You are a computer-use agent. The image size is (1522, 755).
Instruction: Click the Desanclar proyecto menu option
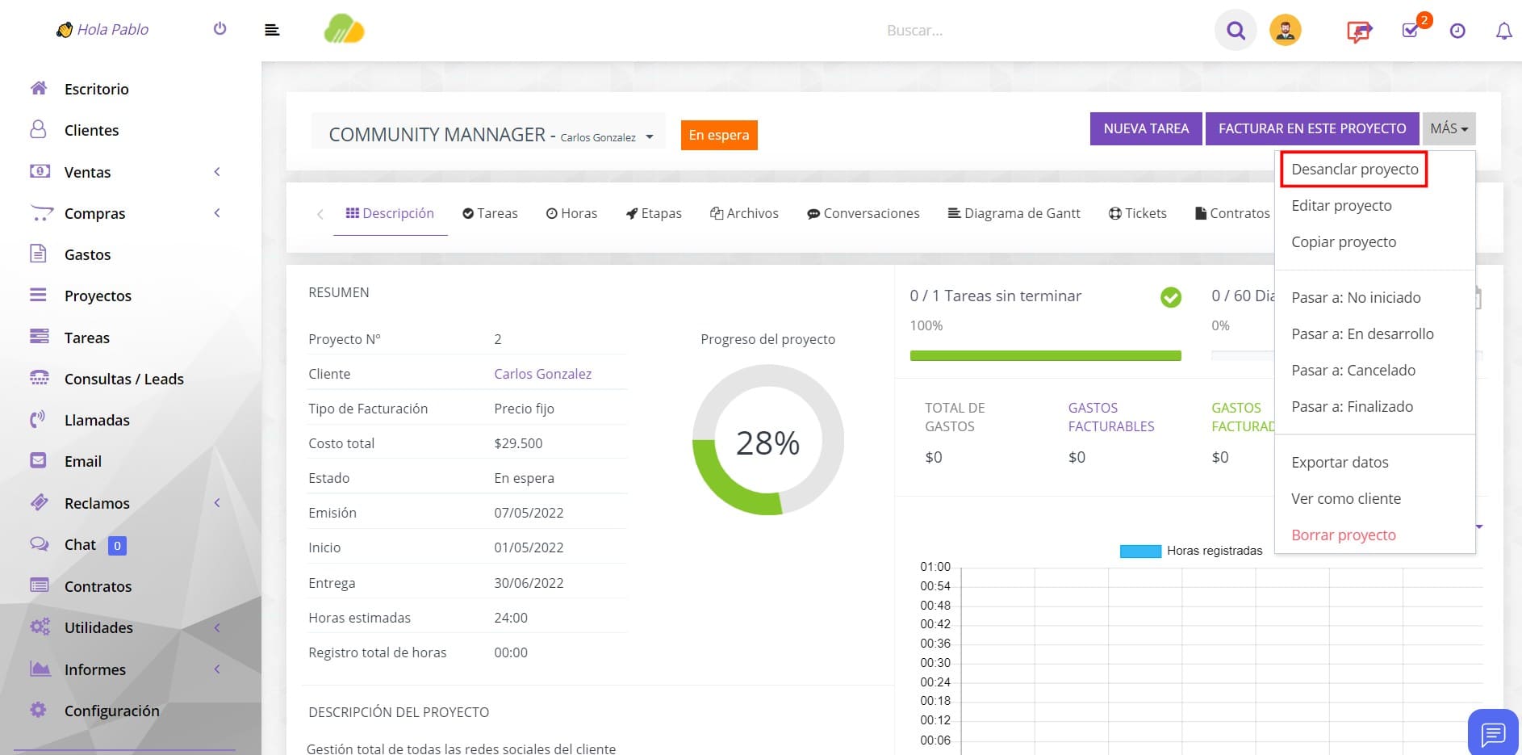1354,170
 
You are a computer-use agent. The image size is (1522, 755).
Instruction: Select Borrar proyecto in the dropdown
1344,535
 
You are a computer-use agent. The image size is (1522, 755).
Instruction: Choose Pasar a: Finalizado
1353,407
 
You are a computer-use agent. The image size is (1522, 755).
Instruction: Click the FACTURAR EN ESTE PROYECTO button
1312,128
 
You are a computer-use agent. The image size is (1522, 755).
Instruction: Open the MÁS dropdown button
1449,128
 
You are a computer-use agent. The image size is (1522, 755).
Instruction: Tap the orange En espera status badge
719,135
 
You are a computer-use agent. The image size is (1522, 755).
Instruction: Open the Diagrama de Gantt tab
1014,213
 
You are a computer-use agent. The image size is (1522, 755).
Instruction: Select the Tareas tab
490,213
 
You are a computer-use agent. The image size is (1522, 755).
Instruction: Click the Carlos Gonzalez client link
543,374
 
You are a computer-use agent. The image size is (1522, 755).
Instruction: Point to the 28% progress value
767,443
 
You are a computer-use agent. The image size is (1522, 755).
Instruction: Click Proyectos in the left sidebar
98,296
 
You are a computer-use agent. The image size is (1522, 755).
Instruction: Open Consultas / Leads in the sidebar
124,380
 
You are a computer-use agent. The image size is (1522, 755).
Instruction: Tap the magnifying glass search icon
1236,31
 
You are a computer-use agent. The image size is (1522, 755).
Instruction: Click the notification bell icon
1503,31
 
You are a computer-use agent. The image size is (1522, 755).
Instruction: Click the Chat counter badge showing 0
117,546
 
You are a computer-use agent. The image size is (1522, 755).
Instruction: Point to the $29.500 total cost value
518,443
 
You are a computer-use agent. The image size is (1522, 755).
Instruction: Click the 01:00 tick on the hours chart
935,567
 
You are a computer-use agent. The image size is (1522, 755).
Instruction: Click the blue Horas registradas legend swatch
1140,552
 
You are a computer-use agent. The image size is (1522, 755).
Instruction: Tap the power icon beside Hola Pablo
220,29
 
